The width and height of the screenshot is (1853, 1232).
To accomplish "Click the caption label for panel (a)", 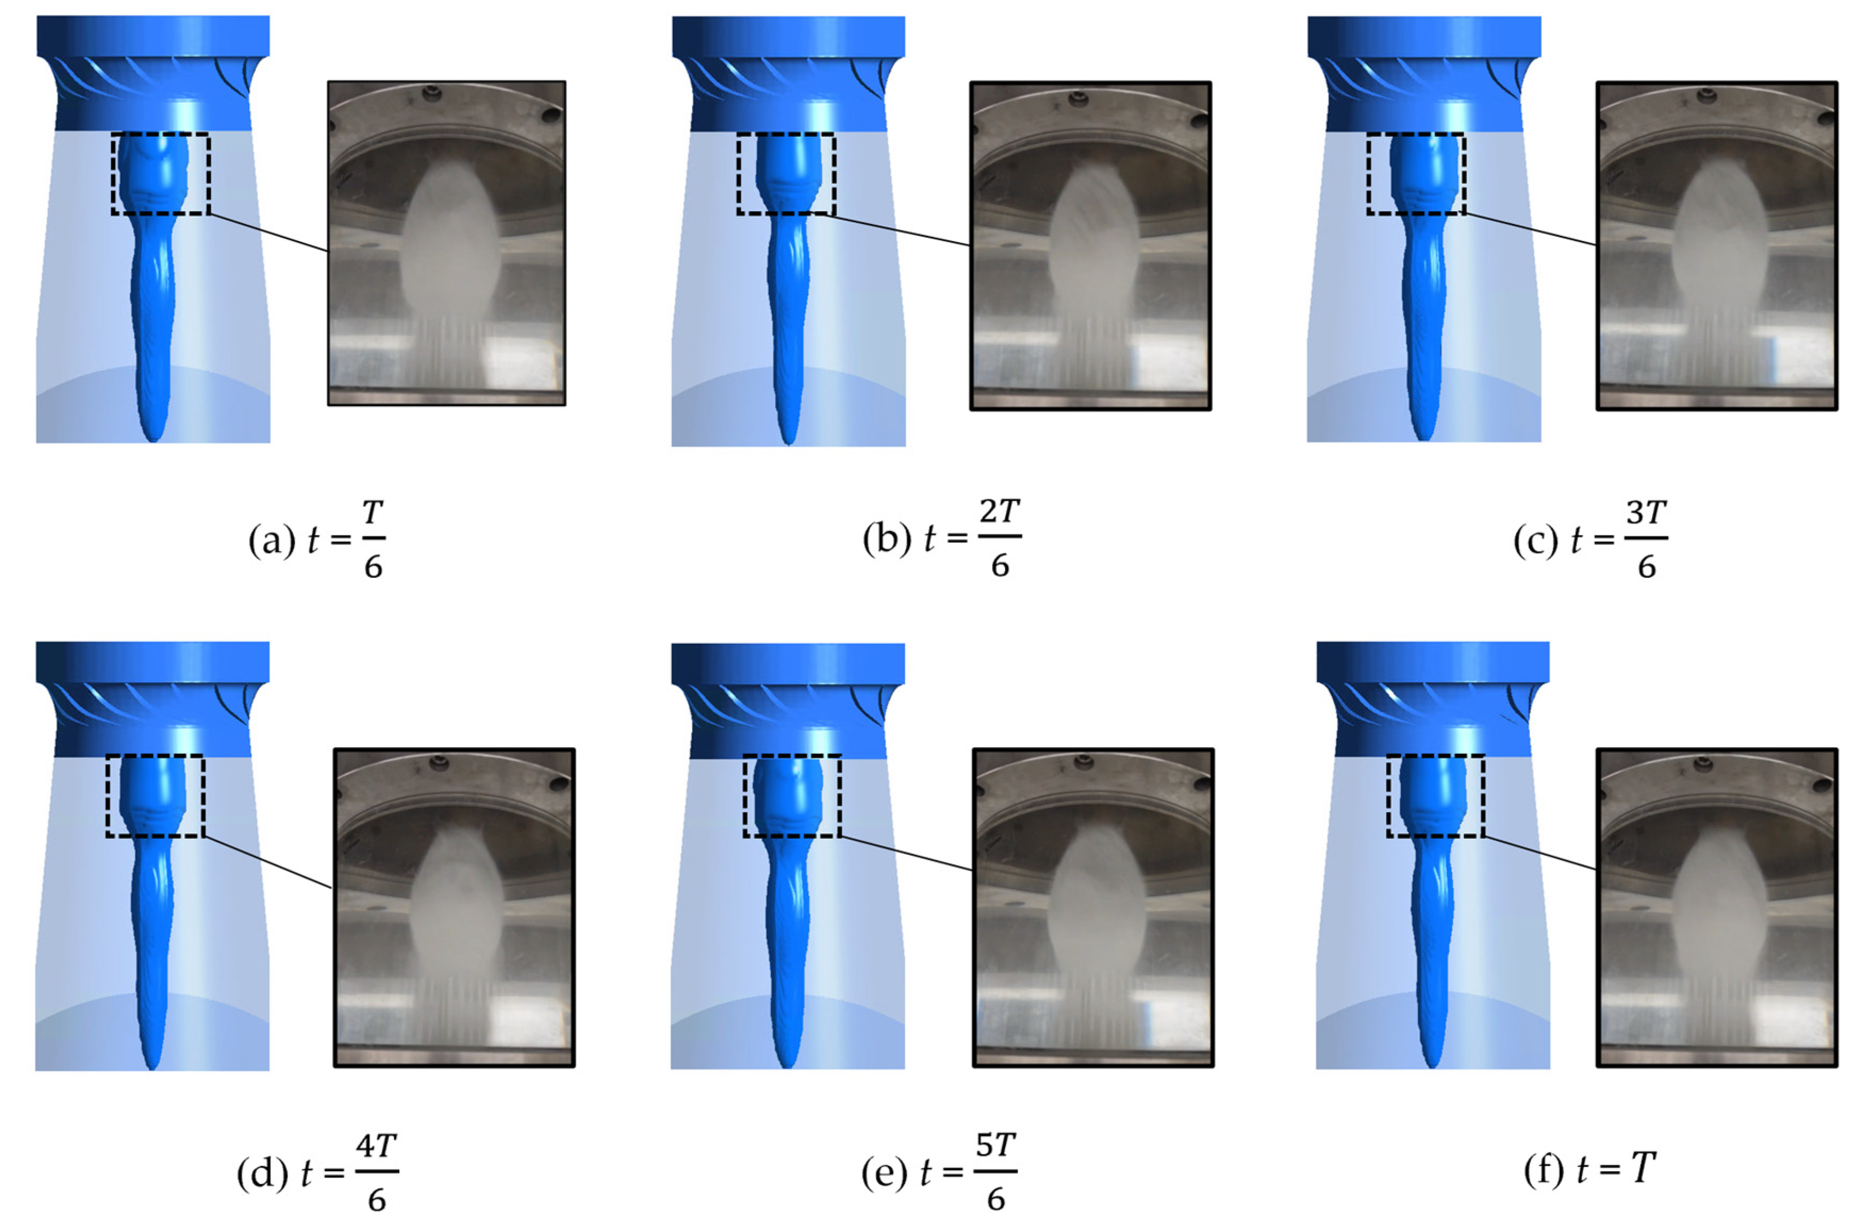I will [317, 540].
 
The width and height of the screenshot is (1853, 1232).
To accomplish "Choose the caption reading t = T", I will [1589, 1170].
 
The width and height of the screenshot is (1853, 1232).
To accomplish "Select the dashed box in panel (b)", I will [785, 173].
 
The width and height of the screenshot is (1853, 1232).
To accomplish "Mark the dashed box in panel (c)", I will [1416, 173].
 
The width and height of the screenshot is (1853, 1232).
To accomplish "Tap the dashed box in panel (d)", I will [155, 796].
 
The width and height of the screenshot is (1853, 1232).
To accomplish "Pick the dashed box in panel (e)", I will [792, 796].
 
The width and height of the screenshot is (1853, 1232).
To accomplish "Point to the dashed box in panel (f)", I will [1435, 796].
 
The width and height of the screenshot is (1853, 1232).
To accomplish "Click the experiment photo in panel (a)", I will [446, 244].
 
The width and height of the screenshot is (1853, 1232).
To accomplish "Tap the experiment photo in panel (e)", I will [1093, 907].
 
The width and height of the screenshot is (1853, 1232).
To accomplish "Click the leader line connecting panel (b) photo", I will [902, 229].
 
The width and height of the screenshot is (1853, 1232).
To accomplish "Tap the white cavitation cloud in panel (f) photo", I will [1719, 904].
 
